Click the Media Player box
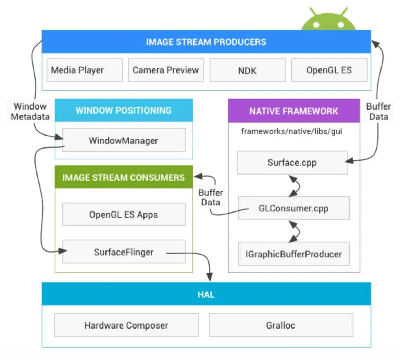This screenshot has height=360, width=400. pyautogui.click(x=84, y=70)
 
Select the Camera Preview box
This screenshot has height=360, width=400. pyautogui.click(x=166, y=70)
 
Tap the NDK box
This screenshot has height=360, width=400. pyautogui.click(x=247, y=70)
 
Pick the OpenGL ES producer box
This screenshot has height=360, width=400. pyautogui.click(x=329, y=70)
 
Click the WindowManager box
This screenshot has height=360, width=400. pyautogui.click(x=124, y=140)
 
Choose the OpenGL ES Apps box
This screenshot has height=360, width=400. pyautogui.click(x=124, y=215)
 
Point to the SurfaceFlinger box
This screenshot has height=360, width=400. pyautogui.click(x=124, y=252)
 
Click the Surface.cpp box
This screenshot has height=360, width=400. pyautogui.click(x=292, y=163)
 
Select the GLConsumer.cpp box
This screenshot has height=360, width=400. pyautogui.click(x=293, y=208)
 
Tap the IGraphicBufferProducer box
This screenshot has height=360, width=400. pyautogui.click(x=293, y=254)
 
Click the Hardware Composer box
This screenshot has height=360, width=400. pyautogui.click(x=126, y=325)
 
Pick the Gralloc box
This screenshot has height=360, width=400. pyautogui.click(x=281, y=325)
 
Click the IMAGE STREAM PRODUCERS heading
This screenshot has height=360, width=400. pyautogui.click(x=206, y=42)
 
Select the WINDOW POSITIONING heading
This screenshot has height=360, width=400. pyautogui.click(x=124, y=111)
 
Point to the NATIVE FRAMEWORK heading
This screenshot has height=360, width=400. pyautogui.click(x=293, y=111)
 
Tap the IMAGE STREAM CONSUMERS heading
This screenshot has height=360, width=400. pyautogui.click(x=124, y=177)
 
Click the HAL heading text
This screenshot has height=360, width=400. pyautogui.click(x=206, y=294)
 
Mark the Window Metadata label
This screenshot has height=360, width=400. pyautogui.click(x=30, y=112)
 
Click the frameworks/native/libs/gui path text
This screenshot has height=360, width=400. pyautogui.click(x=291, y=131)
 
